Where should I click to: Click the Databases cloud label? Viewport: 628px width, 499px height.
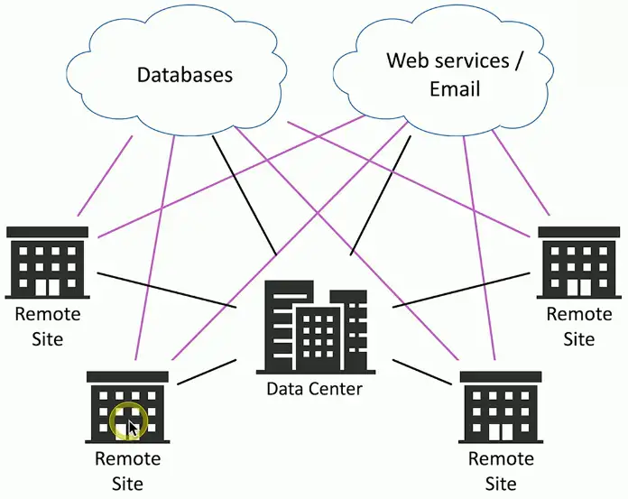(x=184, y=74)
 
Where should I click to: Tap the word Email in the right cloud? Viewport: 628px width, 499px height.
(x=455, y=89)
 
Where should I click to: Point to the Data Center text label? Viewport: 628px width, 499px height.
(x=314, y=390)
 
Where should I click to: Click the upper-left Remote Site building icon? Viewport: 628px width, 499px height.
(x=47, y=263)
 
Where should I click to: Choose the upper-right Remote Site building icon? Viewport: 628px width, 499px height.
(x=578, y=263)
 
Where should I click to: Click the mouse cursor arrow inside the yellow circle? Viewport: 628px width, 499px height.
(x=132, y=426)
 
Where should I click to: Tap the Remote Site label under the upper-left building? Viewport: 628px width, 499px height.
(x=47, y=326)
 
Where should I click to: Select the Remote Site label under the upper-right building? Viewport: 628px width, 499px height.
(x=578, y=326)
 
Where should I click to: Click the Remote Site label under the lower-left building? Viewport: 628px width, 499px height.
(x=127, y=470)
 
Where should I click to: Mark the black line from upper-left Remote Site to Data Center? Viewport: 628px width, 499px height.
(x=167, y=288)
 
